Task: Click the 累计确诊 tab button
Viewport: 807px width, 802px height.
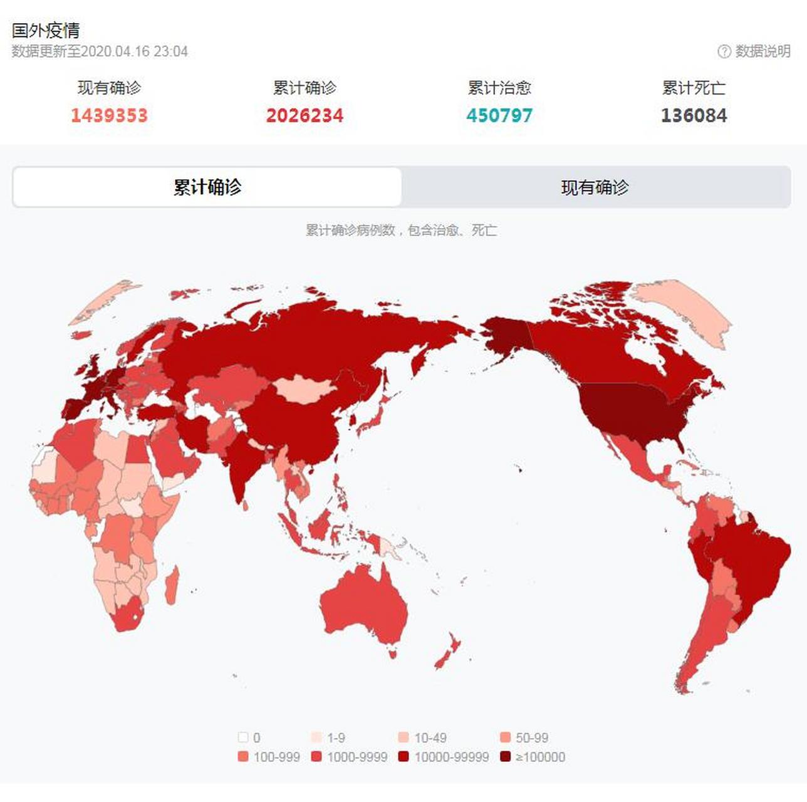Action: (x=207, y=187)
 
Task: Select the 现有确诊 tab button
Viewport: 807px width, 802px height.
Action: (x=595, y=187)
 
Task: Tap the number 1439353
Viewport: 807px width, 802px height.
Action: (x=109, y=115)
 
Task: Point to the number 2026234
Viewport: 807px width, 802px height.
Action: (x=305, y=115)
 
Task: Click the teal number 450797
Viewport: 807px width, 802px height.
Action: (x=499, y=115)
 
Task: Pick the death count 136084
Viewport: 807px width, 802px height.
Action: (x=694, y=115)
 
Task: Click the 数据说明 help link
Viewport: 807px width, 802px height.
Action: (x=754, y=51)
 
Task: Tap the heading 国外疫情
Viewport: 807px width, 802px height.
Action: (x=46, y=30)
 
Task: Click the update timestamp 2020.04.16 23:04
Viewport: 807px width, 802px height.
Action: (x=135, y=51)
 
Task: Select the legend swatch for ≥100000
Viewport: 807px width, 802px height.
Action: (x=506, y=757)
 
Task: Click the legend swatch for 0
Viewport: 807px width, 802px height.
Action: (x=243, y=737)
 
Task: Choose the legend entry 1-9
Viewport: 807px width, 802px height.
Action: (x=328, y=737)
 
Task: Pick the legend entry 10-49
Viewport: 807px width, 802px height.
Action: (x=422, y=737)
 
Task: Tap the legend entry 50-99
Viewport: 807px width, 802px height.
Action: (x=524, y=737)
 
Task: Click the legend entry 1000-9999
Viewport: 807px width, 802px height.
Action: (x=349, y=757)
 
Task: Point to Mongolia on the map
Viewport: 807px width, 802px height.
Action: (x=304, y=388)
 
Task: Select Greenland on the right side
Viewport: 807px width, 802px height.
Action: (x=683, y=307)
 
